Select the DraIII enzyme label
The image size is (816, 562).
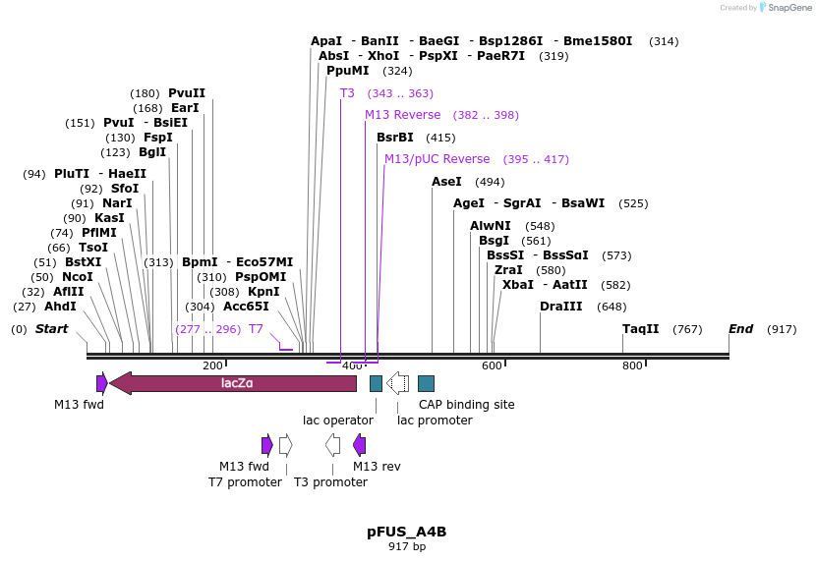[555, 307]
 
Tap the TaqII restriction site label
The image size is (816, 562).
[641, 329]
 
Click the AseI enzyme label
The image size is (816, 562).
[446, 182]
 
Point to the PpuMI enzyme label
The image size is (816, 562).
[348, 71]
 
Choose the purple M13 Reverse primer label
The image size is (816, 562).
[403, 115]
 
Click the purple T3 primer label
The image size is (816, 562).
[347, 93]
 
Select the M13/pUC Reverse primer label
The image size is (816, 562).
[437, 159]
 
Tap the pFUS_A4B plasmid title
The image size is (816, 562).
[407, 532]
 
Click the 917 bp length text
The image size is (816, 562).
[407, 546]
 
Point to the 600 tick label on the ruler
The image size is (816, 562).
[492, 365]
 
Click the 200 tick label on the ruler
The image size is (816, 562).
[212, 365]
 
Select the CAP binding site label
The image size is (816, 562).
[467, 404]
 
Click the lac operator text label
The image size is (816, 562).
[338, 421]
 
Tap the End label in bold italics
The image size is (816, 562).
[741, 329]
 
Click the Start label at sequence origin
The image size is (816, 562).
[52, 329]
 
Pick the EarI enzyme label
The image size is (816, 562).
[185, 108]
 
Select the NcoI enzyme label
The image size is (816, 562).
[78, 277]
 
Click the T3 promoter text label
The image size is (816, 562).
[330, 482]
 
